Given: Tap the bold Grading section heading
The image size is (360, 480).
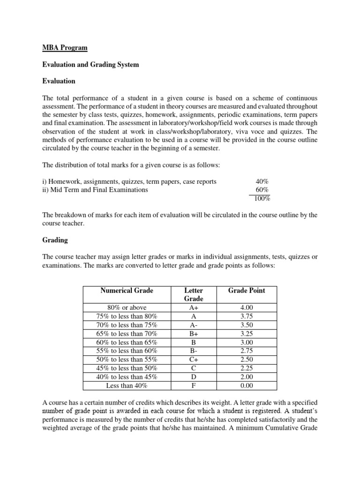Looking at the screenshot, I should [55, 240].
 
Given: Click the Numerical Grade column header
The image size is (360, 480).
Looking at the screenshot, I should [127, 291].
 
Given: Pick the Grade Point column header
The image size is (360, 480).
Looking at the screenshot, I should [247, 291].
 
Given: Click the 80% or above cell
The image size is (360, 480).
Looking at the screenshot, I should [127, 308].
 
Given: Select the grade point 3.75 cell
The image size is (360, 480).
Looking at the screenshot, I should [247, 316].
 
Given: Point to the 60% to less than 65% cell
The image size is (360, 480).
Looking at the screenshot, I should [127, 343].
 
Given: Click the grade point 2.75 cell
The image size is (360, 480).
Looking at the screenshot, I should [247, 351].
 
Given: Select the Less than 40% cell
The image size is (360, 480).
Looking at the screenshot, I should [127, 386].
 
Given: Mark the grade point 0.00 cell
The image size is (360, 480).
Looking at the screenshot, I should [247, 386].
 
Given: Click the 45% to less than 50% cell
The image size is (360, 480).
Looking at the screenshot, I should [127, 368].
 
